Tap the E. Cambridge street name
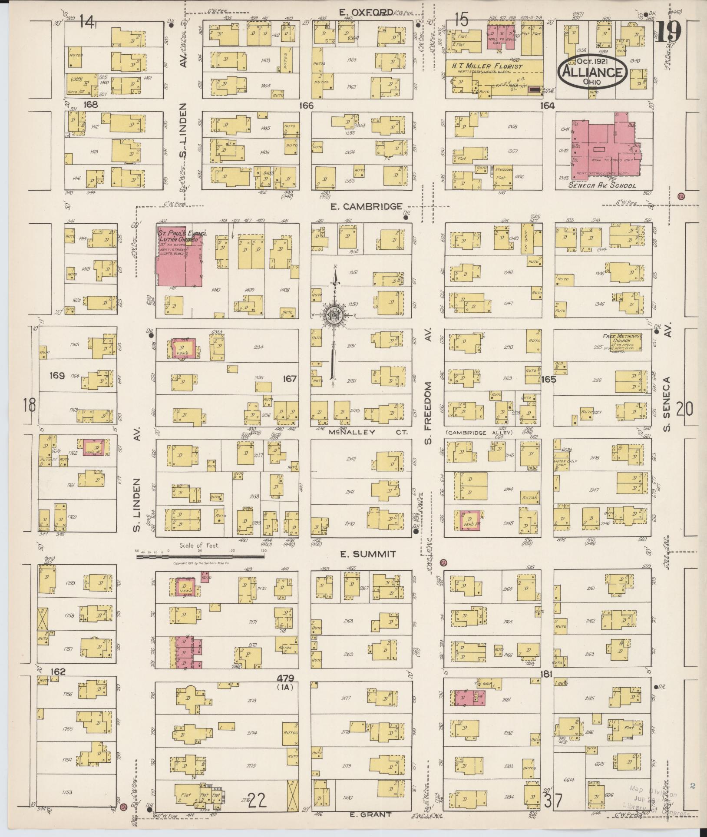coord(366,207)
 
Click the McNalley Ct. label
coord(352,432)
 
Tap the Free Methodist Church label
coord(621,339)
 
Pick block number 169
coord(57,375)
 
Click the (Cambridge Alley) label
coord(479,433)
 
